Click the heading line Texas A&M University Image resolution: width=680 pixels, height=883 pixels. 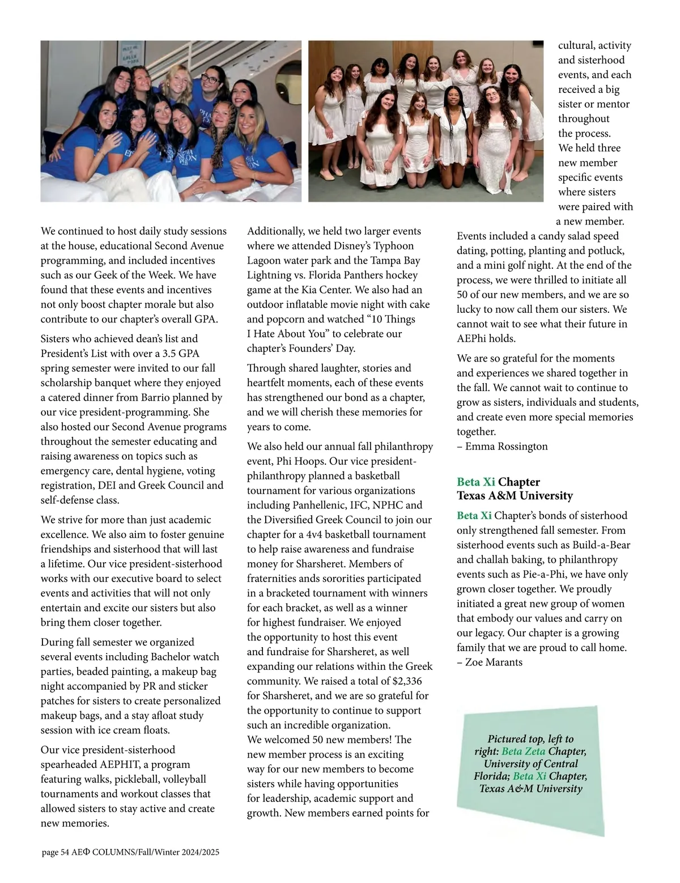coord(515,495)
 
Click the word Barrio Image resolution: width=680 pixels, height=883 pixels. coord(159,397)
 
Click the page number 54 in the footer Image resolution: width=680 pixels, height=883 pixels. coord(65,852)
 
